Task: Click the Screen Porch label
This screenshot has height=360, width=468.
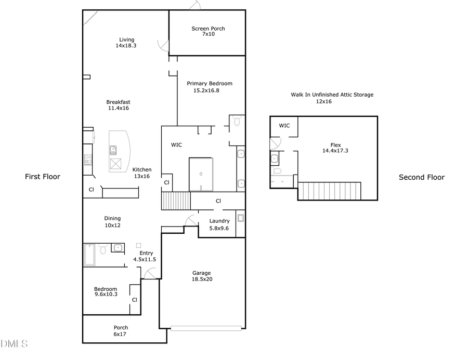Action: point(208,29)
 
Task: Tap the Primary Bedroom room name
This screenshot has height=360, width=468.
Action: point(210,83)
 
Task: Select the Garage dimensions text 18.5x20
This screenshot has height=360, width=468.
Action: point(202,279)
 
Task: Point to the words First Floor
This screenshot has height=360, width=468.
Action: point(43,177)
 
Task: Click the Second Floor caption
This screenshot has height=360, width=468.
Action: point(421,177)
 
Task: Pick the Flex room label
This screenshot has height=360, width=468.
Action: point(335,145)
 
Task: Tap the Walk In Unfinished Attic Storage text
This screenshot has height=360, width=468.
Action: point(332,95)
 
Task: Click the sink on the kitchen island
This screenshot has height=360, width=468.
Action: point(113,151)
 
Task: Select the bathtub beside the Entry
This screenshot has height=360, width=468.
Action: point(90,255)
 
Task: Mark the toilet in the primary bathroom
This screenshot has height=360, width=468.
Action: point(237,122)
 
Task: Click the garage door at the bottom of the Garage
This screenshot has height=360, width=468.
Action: point(206,327)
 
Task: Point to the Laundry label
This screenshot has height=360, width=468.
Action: point(219,221)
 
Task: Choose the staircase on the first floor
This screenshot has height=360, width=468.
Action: point(175,201)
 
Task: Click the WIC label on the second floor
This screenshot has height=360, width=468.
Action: point(284,126)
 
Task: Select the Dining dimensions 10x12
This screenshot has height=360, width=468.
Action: point(112,225)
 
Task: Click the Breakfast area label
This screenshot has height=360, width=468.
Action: point(118,102)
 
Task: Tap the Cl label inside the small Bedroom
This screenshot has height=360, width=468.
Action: point(134,300)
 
